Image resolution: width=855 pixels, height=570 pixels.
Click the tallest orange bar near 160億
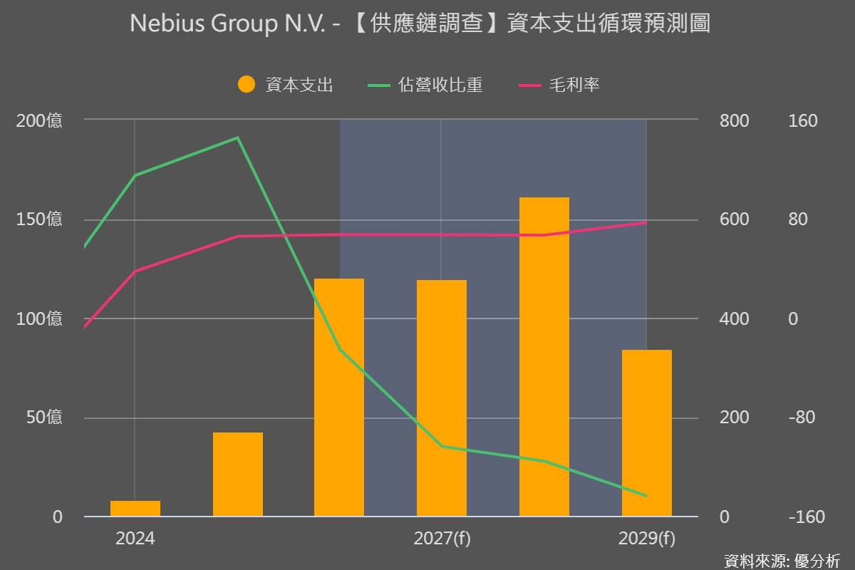pyautogui.click(x=544, y=356)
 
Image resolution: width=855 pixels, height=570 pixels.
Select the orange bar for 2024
pyautogui.click(x=135, y=508)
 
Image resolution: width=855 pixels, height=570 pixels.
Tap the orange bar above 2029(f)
pyautogui.click(x=647, y=432)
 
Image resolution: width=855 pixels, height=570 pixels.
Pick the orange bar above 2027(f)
pyautogui.click(x=442, y=398)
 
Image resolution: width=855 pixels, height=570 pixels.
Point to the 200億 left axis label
pyautogui.click(x=39, y=120)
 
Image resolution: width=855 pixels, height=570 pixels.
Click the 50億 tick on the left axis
pyautogui.click(x=44, y=418)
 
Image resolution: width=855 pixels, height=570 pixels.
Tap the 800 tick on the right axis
pyautogui.click(x=735, y=120)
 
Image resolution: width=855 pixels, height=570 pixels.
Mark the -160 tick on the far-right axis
pyautogui.click(x=807, y=517)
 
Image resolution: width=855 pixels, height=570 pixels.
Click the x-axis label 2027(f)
pyautogui.click(x=442, y=539)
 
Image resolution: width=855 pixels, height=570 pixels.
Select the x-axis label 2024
pyautogui.click(x=135, y=539)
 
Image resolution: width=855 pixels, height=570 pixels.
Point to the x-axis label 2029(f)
pyautogui.click(x=647, y=539)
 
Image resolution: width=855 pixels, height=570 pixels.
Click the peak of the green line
pyautogui.click(x=237, y=138)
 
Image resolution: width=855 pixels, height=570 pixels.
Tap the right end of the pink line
pyautogui.click(x=646, y=222)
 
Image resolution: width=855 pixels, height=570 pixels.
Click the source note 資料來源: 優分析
pyautogui.click(x=782, y=560)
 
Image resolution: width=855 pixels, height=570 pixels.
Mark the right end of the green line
pyautogui.click(x=646, y=496)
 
